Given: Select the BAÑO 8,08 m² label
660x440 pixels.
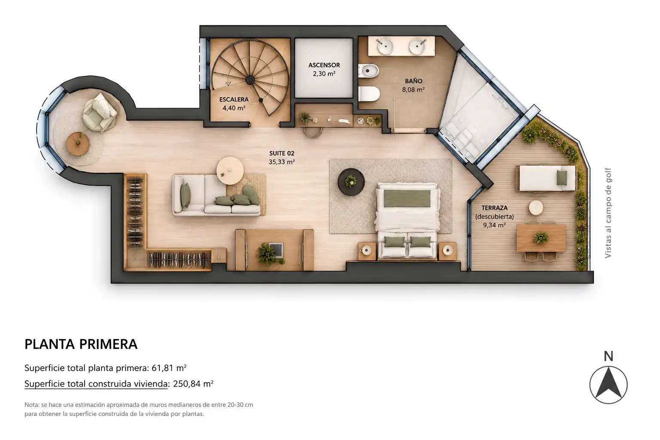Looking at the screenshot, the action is [413, 85].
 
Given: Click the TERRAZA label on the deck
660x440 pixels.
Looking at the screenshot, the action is [495, 208].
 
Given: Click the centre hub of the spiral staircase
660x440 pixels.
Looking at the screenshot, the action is [250, 79].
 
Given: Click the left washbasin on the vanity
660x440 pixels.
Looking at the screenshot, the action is [385, 46].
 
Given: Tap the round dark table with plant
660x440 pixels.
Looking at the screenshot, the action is [351, 181].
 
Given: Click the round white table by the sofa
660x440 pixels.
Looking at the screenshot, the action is [230, 171].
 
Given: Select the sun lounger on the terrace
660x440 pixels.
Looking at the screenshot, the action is [546, 178].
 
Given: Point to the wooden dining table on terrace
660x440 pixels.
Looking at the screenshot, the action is [541, 238].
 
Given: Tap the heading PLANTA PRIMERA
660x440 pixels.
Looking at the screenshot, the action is [81, 344].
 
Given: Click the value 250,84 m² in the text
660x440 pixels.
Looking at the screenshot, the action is [193, 384].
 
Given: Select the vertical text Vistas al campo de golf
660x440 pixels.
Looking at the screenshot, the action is [608, 213].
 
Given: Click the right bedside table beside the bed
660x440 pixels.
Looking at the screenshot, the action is [448, 251].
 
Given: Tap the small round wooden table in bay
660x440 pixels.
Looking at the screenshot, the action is [78, 144].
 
